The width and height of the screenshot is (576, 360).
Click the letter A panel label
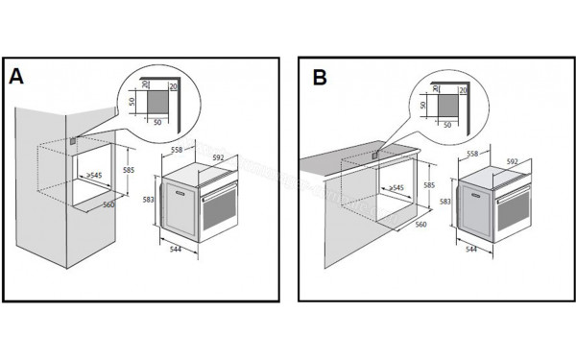point(16,76)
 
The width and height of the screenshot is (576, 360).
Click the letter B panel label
point(319,76)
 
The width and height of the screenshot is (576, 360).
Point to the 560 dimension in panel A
point(109,204)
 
